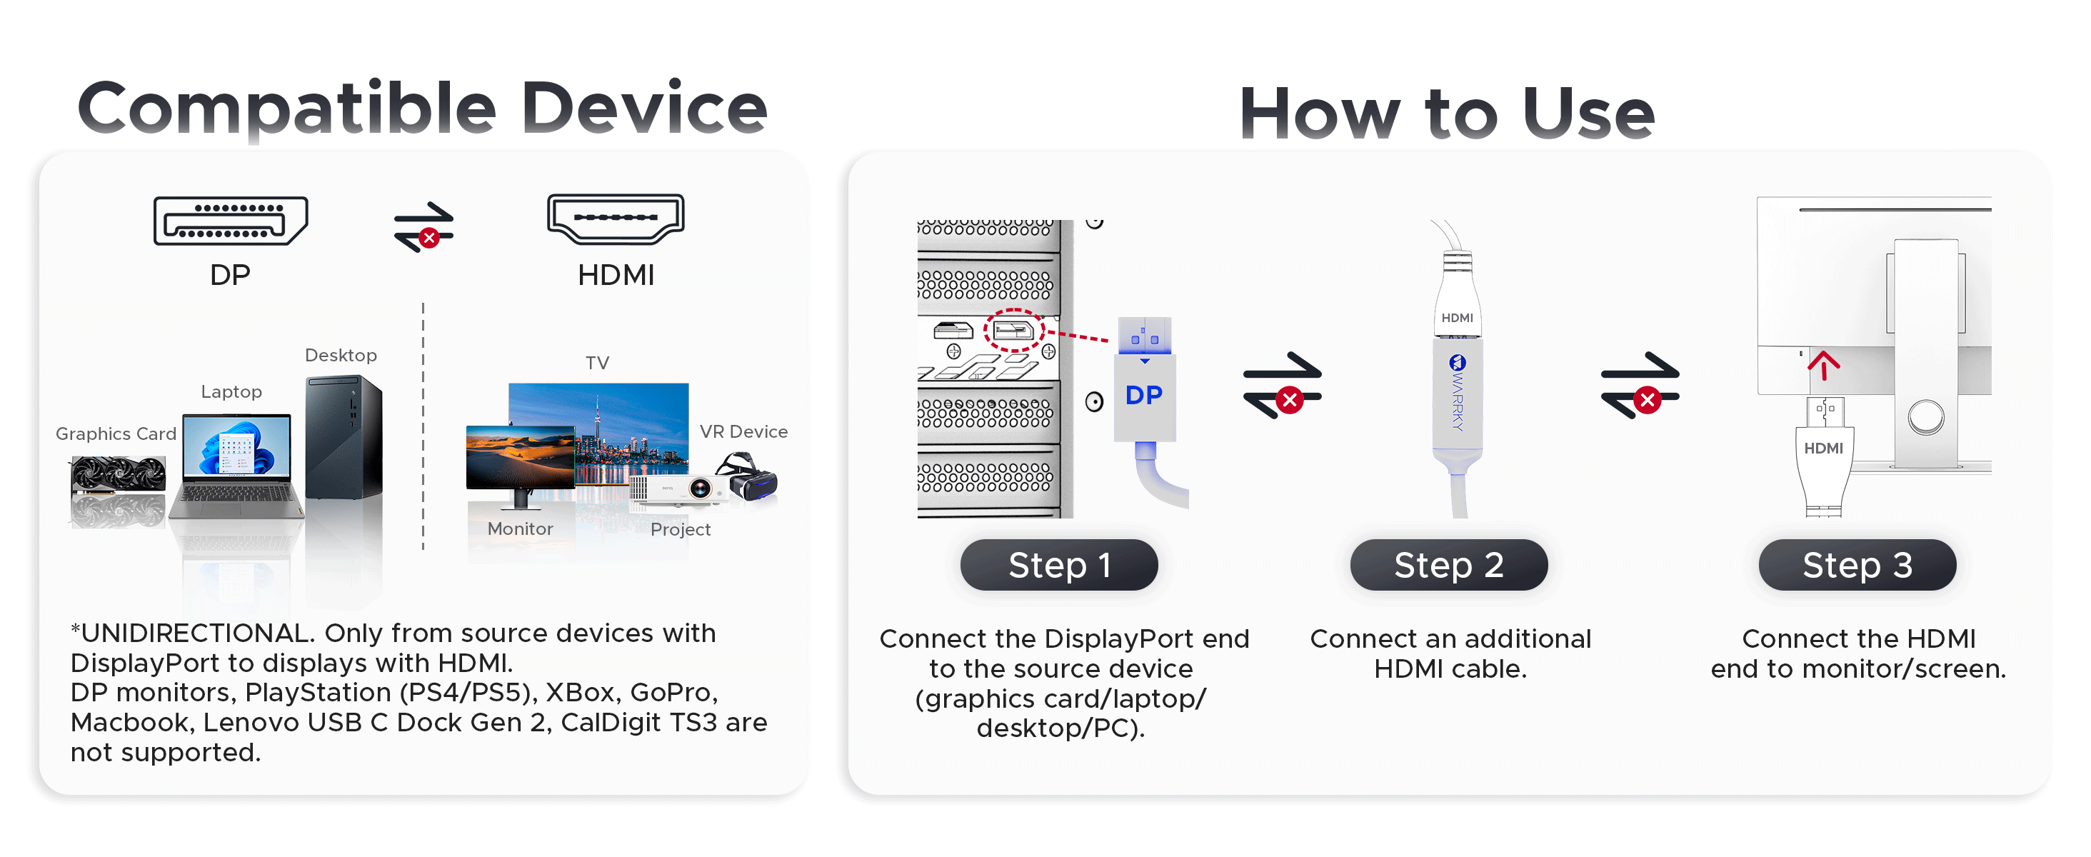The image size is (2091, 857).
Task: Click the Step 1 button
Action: click(1058, 565)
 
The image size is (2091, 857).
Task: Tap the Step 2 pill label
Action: click(1449, 565)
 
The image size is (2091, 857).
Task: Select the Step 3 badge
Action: click(1857, 565)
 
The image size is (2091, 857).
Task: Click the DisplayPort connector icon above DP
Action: click(231, 221)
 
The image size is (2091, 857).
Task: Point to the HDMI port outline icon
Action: click(616, 219)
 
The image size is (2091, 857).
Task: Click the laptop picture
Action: click(236, 466)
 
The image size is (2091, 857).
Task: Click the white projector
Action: click(678, 490)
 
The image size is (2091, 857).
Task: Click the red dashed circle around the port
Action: click(1014, 330)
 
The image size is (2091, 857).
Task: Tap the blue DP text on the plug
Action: click(1144, 395)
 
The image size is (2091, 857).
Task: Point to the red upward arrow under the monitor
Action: click(1823, 365)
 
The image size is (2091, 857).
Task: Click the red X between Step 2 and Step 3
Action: click(1647, 400)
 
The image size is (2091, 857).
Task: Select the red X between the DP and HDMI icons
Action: click(429, 238)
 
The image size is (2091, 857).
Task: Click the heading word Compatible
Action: click(286, 109)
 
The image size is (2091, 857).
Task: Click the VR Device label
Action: click(743, 432)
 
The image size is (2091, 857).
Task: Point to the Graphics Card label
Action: click(116, 434)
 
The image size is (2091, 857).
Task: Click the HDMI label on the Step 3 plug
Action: click(1823, 448)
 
